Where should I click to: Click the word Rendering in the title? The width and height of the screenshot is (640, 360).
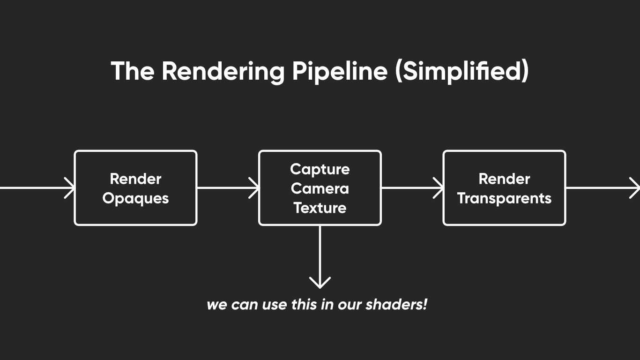[x=223, y=71]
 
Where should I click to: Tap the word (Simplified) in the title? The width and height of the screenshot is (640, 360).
[x=461, y=71]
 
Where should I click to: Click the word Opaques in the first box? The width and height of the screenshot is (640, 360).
[x=135, y=198]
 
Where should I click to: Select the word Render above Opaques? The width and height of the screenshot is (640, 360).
[x=135, y=179]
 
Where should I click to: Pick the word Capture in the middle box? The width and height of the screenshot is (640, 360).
[x=320, y=169]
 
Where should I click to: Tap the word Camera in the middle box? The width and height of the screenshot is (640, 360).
[x=320, y=188]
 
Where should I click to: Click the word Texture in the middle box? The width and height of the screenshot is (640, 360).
[x=320, y=208]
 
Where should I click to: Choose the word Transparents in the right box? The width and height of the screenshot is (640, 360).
[x=504, y=198]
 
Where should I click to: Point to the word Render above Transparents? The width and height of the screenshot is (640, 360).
[x=504, y=179]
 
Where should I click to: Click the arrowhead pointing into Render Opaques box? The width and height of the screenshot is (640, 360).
[x=70, y=188]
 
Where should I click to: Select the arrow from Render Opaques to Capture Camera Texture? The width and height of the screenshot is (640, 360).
[x=228, y=188]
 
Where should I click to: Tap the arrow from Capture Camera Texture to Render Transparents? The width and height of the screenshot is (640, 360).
[x=412, y=188]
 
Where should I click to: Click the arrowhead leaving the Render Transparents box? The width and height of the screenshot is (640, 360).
[x=634, y=188]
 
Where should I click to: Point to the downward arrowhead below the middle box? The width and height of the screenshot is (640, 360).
[x=320, y=283]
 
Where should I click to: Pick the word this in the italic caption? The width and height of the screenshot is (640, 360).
[x=305, y=305]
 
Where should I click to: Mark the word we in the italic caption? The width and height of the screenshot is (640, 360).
[x=216, y=305]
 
